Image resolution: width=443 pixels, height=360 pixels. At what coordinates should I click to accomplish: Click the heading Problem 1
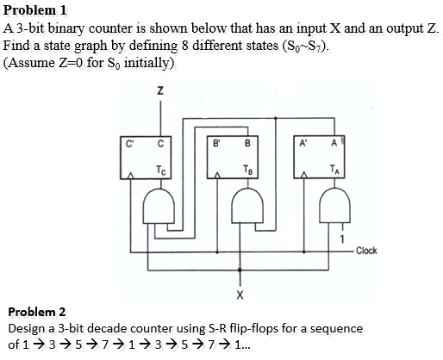tap(35, 10)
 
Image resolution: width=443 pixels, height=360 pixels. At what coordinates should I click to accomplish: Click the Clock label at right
tap(365, 251)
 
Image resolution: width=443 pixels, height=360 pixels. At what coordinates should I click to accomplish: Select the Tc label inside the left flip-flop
tap(161, 168)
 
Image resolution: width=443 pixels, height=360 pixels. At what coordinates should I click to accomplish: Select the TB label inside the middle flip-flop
tap(247, 168)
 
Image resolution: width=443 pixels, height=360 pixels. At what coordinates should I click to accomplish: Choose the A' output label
tap(304, 143)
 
